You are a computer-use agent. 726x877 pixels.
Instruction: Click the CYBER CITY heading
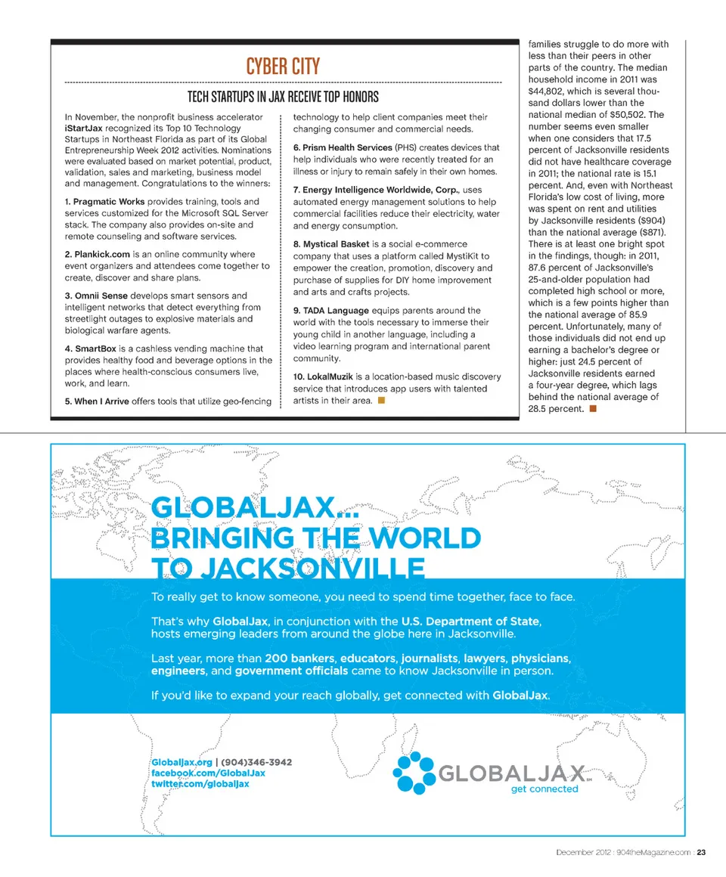tap(283, 67)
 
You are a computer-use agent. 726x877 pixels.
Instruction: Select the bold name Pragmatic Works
tap(110, 202)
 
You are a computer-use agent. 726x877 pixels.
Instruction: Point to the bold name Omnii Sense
tap(101, 296)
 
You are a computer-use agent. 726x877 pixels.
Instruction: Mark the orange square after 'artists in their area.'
tap(381, 400)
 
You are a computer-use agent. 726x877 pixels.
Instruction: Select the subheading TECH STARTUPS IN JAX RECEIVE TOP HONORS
tap(283, 97)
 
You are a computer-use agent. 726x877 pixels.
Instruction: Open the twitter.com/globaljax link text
tap(201, 784)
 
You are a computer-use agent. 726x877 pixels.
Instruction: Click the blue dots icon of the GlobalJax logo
tap(414, 773)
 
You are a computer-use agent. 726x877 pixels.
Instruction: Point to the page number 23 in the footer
tap(702, 853)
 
